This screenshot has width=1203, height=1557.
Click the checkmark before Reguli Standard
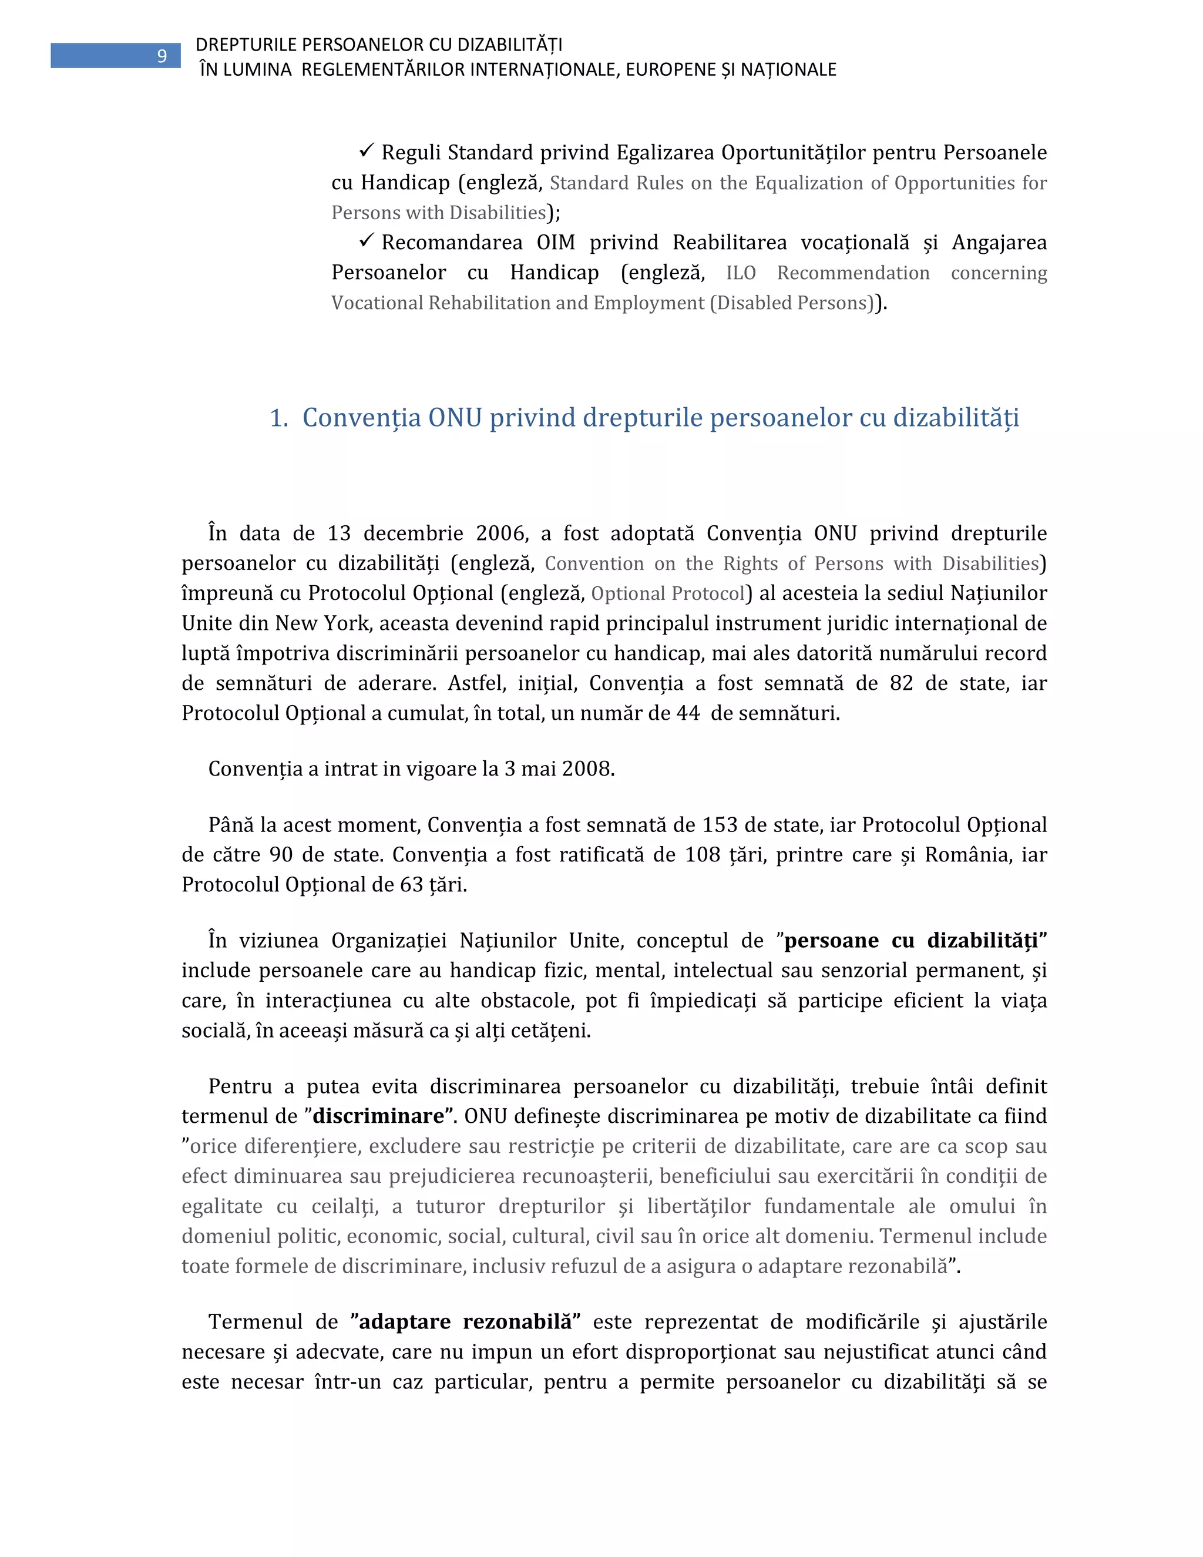[367, 150]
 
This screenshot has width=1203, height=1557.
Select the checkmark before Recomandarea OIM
[367, 240]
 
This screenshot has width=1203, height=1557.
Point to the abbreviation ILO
[741, 273]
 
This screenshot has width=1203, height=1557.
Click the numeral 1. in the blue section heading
[278, 418]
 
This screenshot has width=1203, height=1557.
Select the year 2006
[502, 533]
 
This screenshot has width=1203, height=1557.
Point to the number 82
[902, 683]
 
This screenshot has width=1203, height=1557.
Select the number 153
[720, 825]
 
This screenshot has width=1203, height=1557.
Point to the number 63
[412, 885]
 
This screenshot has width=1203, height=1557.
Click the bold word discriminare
[378, 1116]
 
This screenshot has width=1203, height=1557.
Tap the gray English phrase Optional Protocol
[668, 593]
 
